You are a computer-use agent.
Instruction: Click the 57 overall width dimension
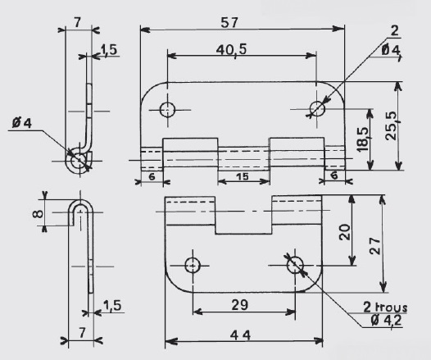coord(229,23)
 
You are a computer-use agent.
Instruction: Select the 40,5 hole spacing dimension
coord(231,50)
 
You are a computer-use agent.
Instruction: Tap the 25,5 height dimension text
coord(392,125)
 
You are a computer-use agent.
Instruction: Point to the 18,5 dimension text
coord(362,139)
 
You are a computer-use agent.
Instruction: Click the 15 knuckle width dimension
coord(243,176)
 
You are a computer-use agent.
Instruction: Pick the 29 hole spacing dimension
coord(240,305)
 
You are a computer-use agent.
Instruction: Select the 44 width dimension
coord(240,335)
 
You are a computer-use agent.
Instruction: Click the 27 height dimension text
coord(375,245)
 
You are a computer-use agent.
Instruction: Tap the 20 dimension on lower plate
coord(345,232)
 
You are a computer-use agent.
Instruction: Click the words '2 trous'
coord(385,308)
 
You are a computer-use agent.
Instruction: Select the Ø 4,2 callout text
coord(386,320)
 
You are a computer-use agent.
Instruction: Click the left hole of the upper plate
coord(167,110)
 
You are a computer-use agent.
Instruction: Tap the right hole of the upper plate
coord(317,108)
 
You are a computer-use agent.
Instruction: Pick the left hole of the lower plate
coord(193,266)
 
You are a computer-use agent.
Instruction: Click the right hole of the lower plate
coord(295,265)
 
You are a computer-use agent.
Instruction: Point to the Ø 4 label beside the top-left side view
coord(22,123)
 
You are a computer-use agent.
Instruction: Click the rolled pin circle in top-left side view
coord(79,161)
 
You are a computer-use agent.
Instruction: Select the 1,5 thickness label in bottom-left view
coord(112,305)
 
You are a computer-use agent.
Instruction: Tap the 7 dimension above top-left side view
coord(78,22)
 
